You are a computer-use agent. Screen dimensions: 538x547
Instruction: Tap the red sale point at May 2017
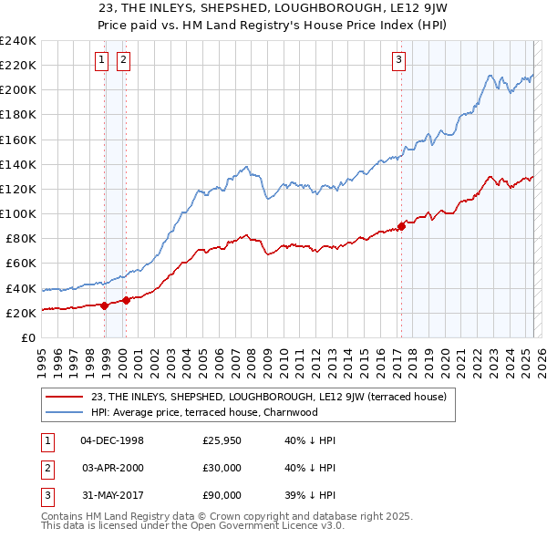tap(401, 226)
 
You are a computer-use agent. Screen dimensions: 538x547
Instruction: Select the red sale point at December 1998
tap(104, 305)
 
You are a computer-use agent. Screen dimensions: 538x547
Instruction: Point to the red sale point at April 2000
tap(126, 300)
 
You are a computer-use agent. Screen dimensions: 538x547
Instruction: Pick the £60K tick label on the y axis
tap(20, 264)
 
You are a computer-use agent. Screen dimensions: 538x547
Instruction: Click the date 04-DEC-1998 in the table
tap(112, 440)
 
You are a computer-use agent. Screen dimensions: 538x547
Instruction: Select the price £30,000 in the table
tap(222, 468)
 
